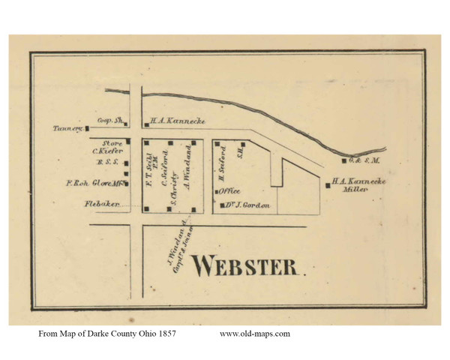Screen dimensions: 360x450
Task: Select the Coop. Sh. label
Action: click(109, 119)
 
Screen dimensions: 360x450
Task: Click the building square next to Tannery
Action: click(86, 128)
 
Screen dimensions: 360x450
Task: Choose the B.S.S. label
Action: click(104, 162)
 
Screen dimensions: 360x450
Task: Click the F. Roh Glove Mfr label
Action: click(93, 182)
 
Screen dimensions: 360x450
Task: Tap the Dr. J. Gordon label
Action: click(246, 205)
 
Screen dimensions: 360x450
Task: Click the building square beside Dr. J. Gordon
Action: click(221, 205)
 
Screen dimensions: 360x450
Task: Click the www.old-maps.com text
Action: click(254, 334)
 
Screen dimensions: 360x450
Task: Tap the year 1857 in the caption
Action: click(165, 334)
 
